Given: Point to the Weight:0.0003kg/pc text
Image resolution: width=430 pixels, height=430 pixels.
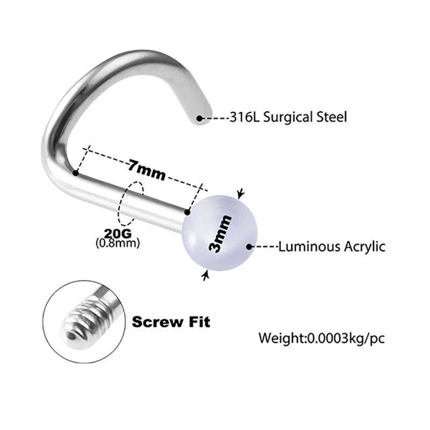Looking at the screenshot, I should click(321, 339).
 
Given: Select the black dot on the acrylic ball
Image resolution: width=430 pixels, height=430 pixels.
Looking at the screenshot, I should click(249, 247).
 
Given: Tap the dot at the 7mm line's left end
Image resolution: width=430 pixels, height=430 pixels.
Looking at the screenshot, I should click(76, 173).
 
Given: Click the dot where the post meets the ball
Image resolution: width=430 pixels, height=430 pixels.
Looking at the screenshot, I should click(188, 213).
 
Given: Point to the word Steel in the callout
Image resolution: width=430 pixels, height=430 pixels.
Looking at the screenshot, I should click(329, 116).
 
